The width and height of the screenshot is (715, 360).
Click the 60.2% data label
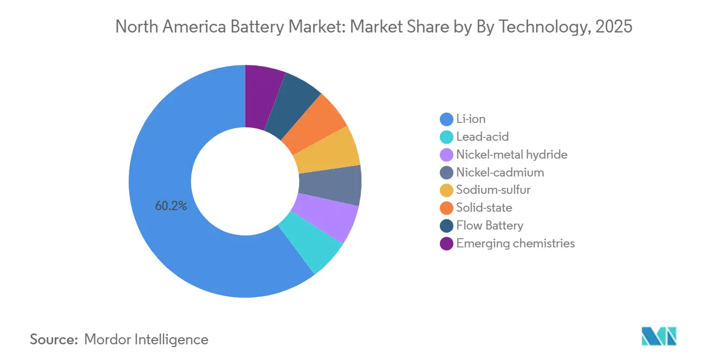171,206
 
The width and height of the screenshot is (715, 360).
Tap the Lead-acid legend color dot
447,137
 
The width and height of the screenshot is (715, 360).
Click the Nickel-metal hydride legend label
511,155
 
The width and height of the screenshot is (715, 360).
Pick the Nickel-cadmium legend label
500,173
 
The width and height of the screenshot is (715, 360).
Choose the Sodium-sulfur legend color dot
447,190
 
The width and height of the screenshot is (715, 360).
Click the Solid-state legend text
484,208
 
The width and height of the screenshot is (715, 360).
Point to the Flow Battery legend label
490,226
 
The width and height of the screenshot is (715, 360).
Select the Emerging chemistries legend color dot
447,244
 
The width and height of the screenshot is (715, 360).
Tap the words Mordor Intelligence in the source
146,339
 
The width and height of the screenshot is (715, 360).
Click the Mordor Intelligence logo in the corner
659,336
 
